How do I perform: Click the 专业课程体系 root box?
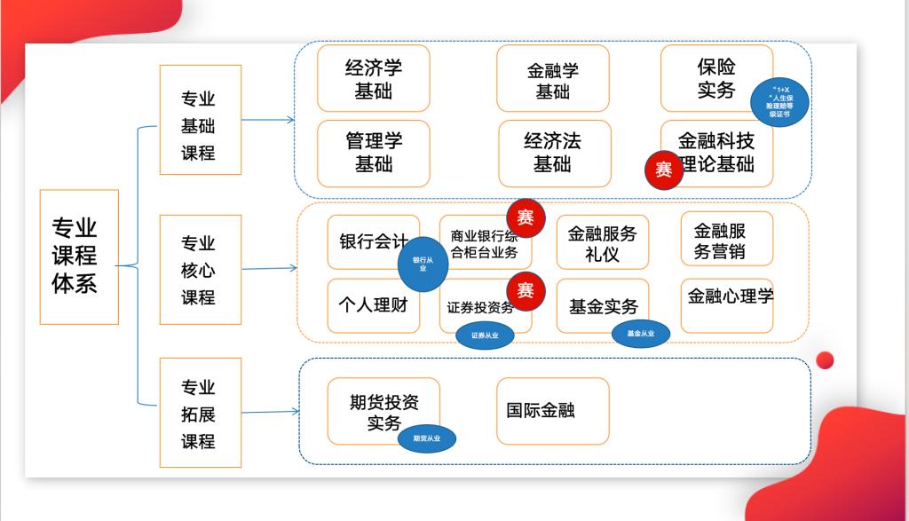point(79,257)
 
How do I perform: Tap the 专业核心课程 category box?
point(200,269)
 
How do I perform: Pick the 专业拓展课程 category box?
point(200,413)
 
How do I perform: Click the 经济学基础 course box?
point(373,78)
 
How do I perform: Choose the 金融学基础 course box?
point(552,78)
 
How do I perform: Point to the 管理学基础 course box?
point(373,153)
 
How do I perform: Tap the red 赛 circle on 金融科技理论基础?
point(664,170)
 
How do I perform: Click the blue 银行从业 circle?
point(423,264)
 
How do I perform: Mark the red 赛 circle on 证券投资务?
point(526,291)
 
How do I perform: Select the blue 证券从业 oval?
point(485,335)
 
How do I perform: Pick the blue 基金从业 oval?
point(640,333)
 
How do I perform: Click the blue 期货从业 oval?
point(426,438)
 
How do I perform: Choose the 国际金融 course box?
point(552,411)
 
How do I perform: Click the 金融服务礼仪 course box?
point(603,242)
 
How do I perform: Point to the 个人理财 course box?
point(373,306)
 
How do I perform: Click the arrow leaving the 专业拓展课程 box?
point(270,412)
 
